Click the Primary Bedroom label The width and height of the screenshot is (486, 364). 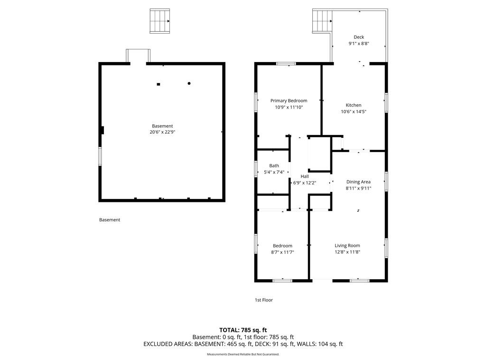point(289,100)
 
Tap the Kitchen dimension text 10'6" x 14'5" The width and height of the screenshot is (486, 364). point(353,111)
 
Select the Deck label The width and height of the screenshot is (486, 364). point(359,37)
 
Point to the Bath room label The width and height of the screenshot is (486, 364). point(274,165)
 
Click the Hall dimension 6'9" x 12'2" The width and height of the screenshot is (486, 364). point(304,182)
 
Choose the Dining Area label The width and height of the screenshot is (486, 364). point(358,182)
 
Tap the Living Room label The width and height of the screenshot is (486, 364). point(347,246)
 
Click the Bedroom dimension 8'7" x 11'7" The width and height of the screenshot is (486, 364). point(282,252)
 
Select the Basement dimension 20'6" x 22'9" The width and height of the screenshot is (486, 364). point(162,132)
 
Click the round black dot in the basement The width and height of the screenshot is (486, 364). point(189,83)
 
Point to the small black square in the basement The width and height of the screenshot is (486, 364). point(159,84)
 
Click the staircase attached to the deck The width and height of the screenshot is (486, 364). point(322,21)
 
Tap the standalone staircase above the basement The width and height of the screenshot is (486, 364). point(159,21)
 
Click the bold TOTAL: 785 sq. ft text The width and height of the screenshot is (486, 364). point(243,330)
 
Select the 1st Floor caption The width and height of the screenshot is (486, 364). point(264,300)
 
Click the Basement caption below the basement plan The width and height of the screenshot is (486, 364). point(110,220)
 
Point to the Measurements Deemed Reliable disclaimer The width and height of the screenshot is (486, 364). point(243,354)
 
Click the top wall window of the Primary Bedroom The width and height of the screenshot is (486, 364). point(286,64)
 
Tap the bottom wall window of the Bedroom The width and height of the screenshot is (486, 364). point(282,281)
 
